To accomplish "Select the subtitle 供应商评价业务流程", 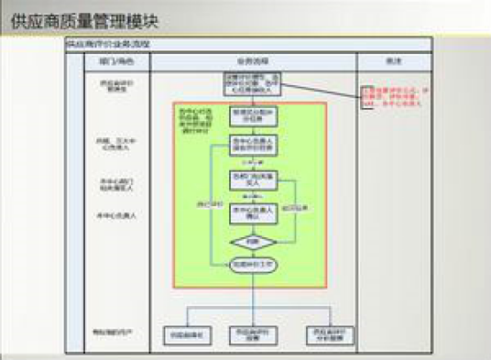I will pos(108,43).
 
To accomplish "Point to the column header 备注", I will pos(393,61).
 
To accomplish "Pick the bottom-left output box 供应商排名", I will pos(187,335).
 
